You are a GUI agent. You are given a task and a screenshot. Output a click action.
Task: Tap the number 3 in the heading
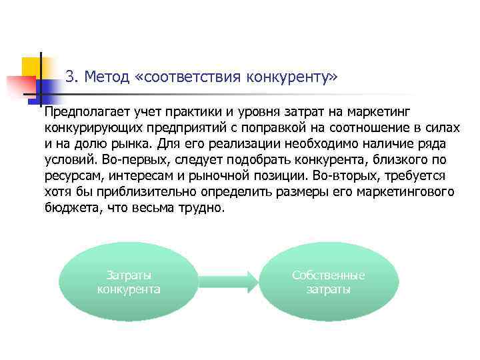pos(71,77)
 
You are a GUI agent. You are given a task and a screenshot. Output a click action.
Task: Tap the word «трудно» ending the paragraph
pos(204,208)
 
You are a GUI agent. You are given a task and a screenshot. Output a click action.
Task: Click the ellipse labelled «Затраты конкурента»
pos(129,282)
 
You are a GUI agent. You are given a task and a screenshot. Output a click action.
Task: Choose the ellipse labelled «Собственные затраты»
pos(329,282)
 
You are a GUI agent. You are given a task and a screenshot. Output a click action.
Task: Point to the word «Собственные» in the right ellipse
pos(329,275)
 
